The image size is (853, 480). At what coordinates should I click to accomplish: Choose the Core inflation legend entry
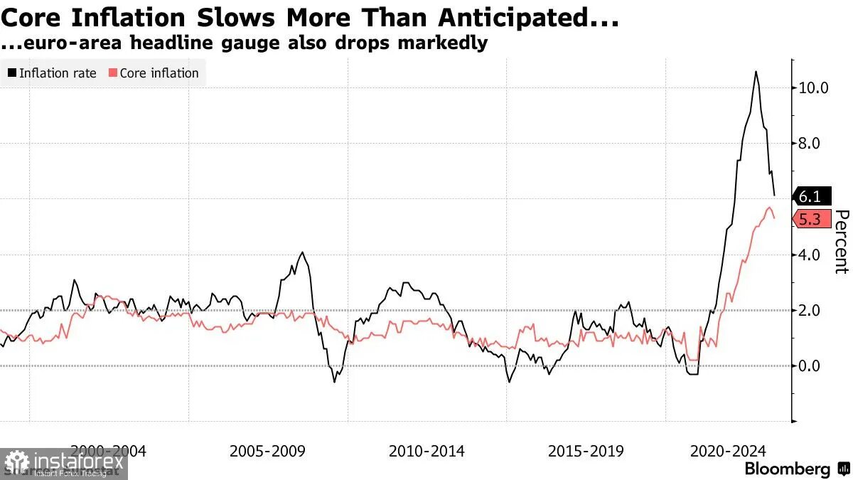pos(154,73)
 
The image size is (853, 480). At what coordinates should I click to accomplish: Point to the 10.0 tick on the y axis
pos(813,88)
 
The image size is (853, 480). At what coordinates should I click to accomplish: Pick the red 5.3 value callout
pos(810,220)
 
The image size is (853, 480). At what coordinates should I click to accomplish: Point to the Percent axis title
pos(842,242)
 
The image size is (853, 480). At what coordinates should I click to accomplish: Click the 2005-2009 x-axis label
pos(267,451)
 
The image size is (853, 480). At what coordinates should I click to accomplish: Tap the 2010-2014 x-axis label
pos(426,451)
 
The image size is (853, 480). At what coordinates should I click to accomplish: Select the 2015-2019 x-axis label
pos(586,451)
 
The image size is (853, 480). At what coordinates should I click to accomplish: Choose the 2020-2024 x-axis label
pos(729,451)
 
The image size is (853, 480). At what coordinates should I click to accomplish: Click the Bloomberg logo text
pos(787,469)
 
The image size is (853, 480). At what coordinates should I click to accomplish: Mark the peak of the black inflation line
pos(755,71)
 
